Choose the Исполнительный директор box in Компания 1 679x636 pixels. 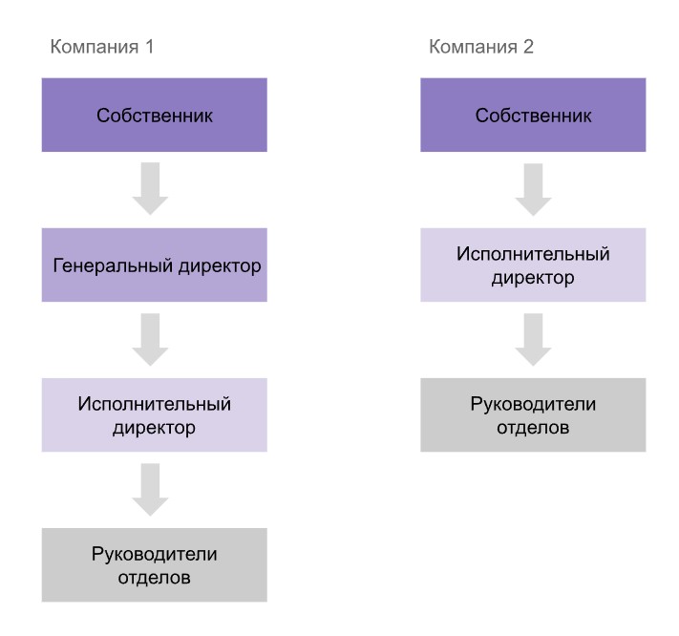[154, 414]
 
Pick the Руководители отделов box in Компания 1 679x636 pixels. [154, 563]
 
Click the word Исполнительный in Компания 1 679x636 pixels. [154, 403]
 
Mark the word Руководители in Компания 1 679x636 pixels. [154, 552]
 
